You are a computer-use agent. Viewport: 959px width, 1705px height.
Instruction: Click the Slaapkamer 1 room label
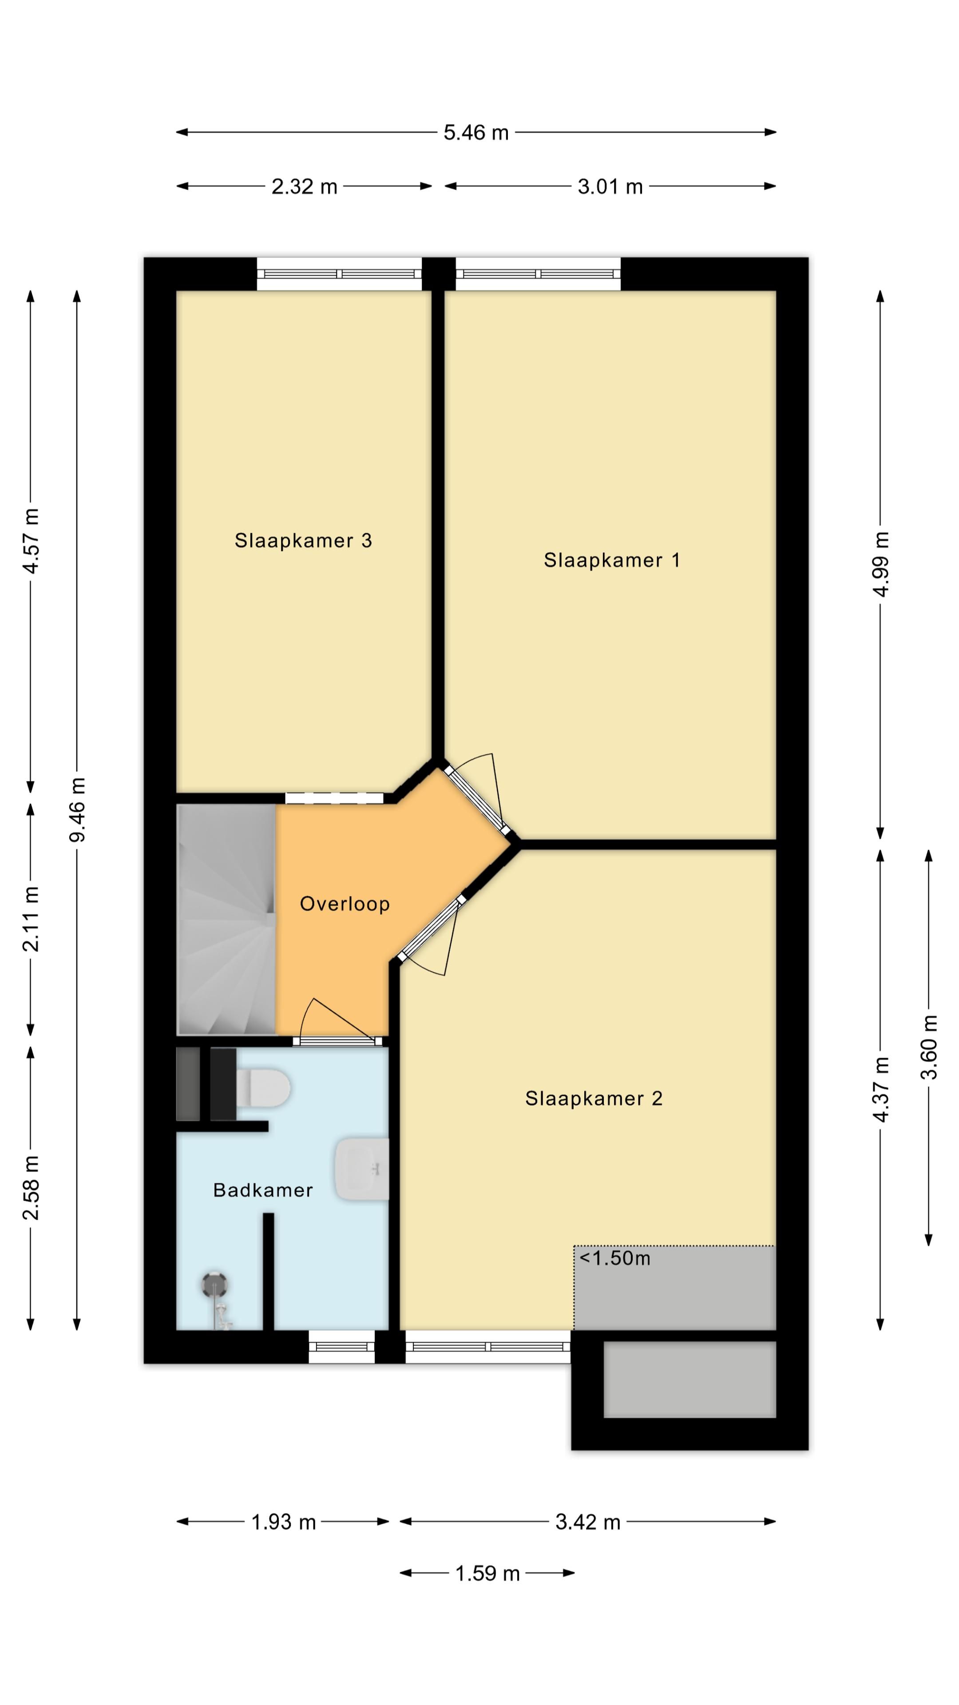(x=611, y=561)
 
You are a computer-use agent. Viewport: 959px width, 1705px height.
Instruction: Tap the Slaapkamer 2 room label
(x=594, y=1099)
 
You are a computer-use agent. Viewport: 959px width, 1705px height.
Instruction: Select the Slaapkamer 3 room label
(x=303, y=541)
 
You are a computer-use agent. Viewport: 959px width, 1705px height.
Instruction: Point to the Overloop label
(x=345, y=904)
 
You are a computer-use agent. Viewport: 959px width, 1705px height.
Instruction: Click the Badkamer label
(x=263, y=1190)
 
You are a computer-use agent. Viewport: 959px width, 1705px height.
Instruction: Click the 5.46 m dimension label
(x=476, y=132)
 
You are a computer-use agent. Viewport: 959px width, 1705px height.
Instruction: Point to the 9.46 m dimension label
(x=77, y=810)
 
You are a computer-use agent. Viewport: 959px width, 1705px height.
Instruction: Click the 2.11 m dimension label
(x=31, y=919)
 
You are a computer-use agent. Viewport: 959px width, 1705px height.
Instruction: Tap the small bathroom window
(x=341, y=1347)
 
